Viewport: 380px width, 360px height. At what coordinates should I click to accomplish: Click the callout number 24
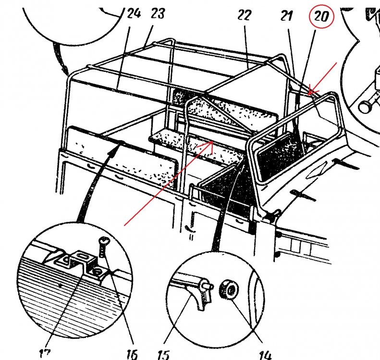(134, 13)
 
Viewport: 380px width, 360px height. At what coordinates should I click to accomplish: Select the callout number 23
(158, 13)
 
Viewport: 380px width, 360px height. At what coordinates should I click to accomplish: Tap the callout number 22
(244, 15)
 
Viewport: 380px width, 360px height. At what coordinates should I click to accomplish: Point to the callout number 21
(286, 16)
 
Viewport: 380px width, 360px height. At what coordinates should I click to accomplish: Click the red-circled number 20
(321, 16)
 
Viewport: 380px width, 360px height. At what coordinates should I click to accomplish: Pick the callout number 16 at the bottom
(132, 354)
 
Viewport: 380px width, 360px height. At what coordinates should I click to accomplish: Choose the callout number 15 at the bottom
(164, 355)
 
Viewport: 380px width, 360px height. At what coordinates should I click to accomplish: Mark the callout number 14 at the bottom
(265, 355)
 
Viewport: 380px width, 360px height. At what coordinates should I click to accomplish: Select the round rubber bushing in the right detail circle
(229, 289)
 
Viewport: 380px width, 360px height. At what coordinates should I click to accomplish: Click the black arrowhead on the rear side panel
(114, 148)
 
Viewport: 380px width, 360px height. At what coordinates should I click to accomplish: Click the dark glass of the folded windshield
(279, 155)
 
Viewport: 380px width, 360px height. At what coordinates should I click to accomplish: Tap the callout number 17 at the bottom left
(44, 354)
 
